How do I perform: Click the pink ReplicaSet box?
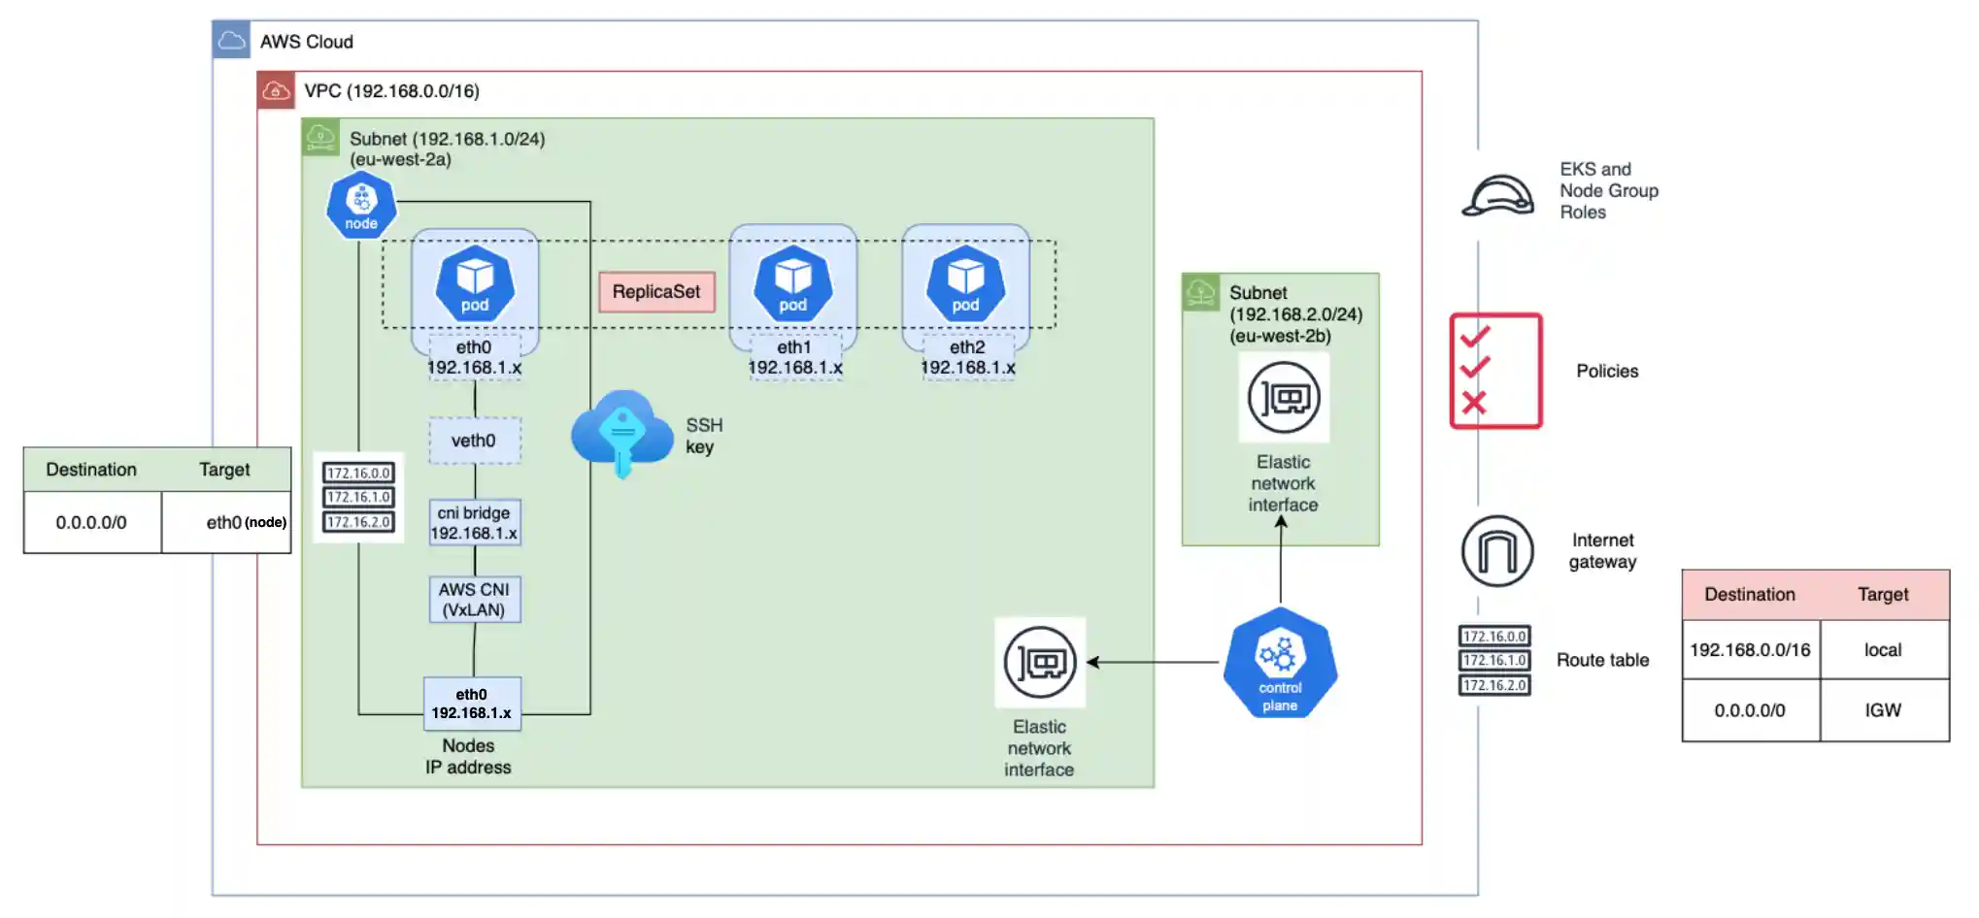pyautogui.click(x=656, y=292)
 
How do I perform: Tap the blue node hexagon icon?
pyautogui.click(x=361, y=205)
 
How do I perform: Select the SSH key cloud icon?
pyautogui.click(x=622, y=433)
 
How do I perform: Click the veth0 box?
pyautogui.click(x=474, y=441)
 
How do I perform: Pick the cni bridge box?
pyautogui.click(x=474, y=523)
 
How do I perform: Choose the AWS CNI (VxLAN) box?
pyautogui.click(x=474, y=600)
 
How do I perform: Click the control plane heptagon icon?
pyautogui.click(x=1280, y=664)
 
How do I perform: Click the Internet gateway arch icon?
pyautogui.click(x=1497, y=551)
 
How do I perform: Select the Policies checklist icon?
pyautogui.click(x=1495, y=371)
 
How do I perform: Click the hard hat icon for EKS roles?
pyautogui.click(x=1497, y=195)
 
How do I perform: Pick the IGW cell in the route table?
pyautogui.click(x=1883, y=710)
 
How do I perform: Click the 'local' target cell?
pyautogui.click(x=1883, y=650)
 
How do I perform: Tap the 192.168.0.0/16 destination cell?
pyautogui.click(x=1750, y=650)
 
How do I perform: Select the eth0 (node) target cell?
pyautogui.click(x=245, y=523)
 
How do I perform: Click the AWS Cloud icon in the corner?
pyautogui.click(x=231, y=41)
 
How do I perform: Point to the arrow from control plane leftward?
pyautogui.click(x=1152, y=663)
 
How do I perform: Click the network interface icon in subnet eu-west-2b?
pyautogui.click(x=1284, y=398)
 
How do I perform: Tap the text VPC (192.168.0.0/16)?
pyautogui.click(x=391, y=91)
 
